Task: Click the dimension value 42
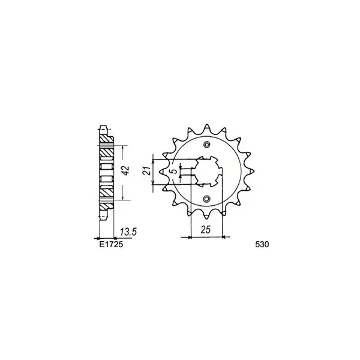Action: (x=126, y=171)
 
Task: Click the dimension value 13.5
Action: (x=128, y=232)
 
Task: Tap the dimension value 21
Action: (x=147, y=170)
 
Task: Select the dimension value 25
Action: (x=206, y=230)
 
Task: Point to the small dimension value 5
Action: (x=175, y=171)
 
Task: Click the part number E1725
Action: (x=111, y=244)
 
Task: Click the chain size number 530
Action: (x=262, y=245)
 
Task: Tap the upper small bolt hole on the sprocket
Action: (x=207, y=144)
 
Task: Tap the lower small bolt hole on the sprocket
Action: (x=207, y=199)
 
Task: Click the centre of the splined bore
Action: (x=207, y=171)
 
